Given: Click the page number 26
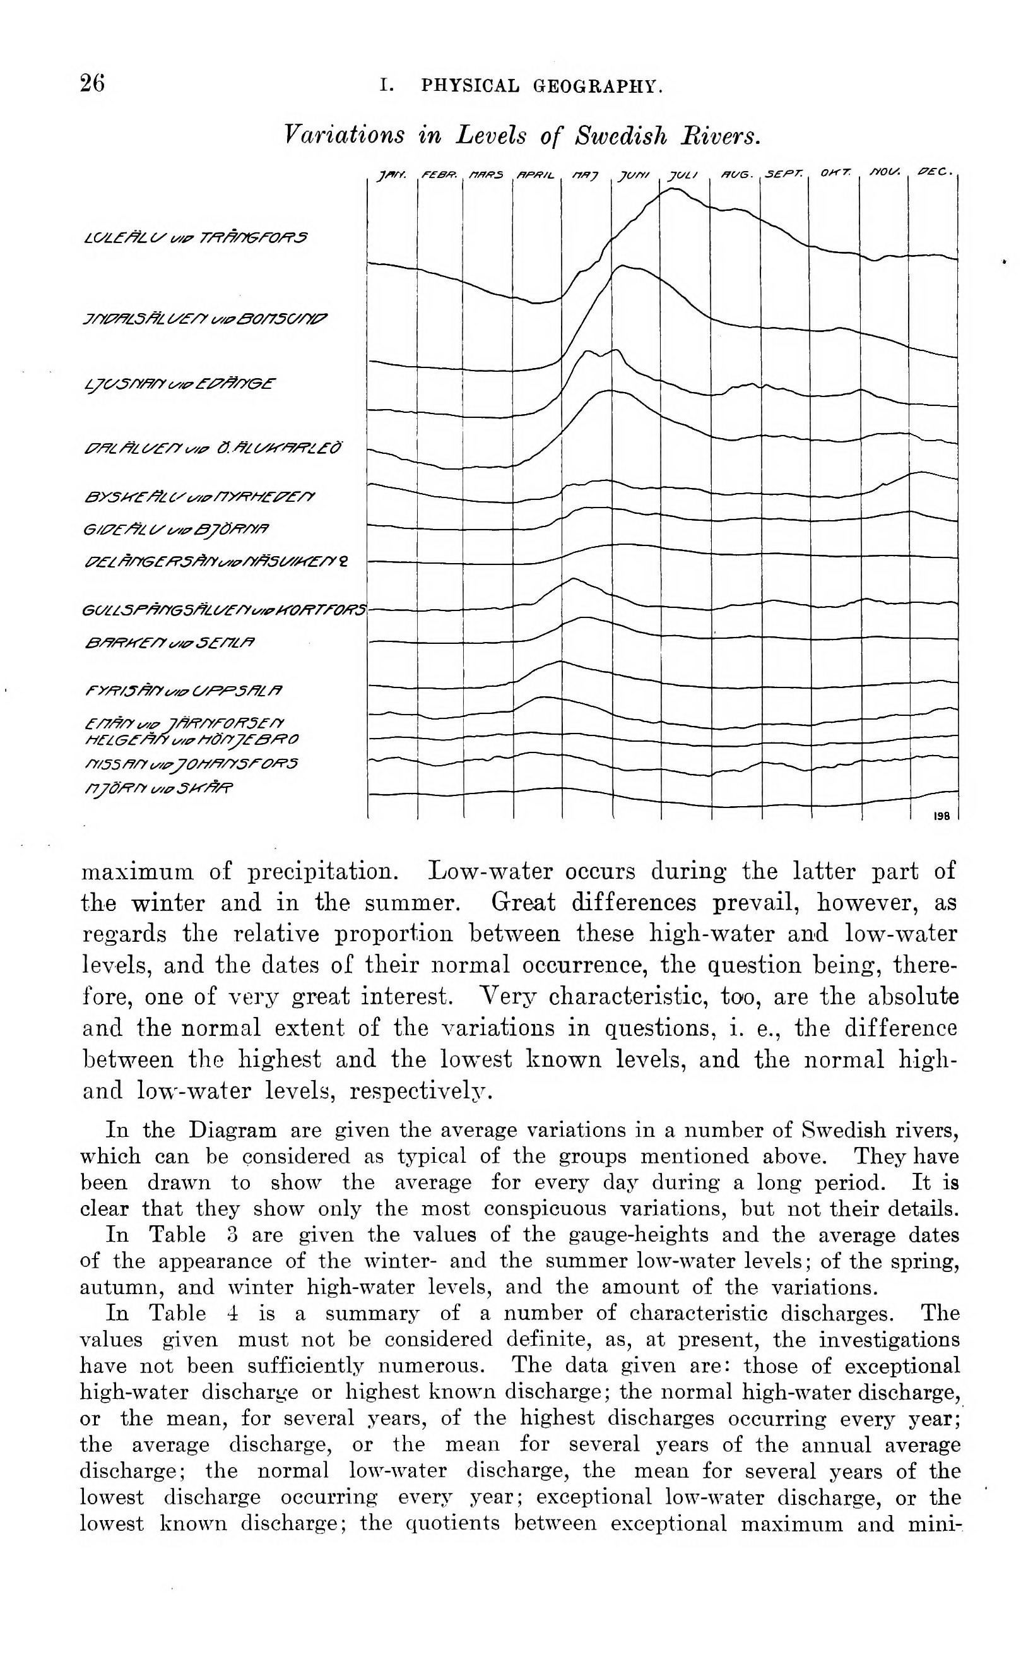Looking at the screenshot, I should click(93, 83).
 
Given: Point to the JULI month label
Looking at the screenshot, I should click(682, 174).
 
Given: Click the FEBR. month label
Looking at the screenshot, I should click(439, 174).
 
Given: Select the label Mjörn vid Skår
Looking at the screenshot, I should click(158, 789).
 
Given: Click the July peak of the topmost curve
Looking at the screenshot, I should click(673, 189).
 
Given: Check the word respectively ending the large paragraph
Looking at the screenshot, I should click(418, 1091).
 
